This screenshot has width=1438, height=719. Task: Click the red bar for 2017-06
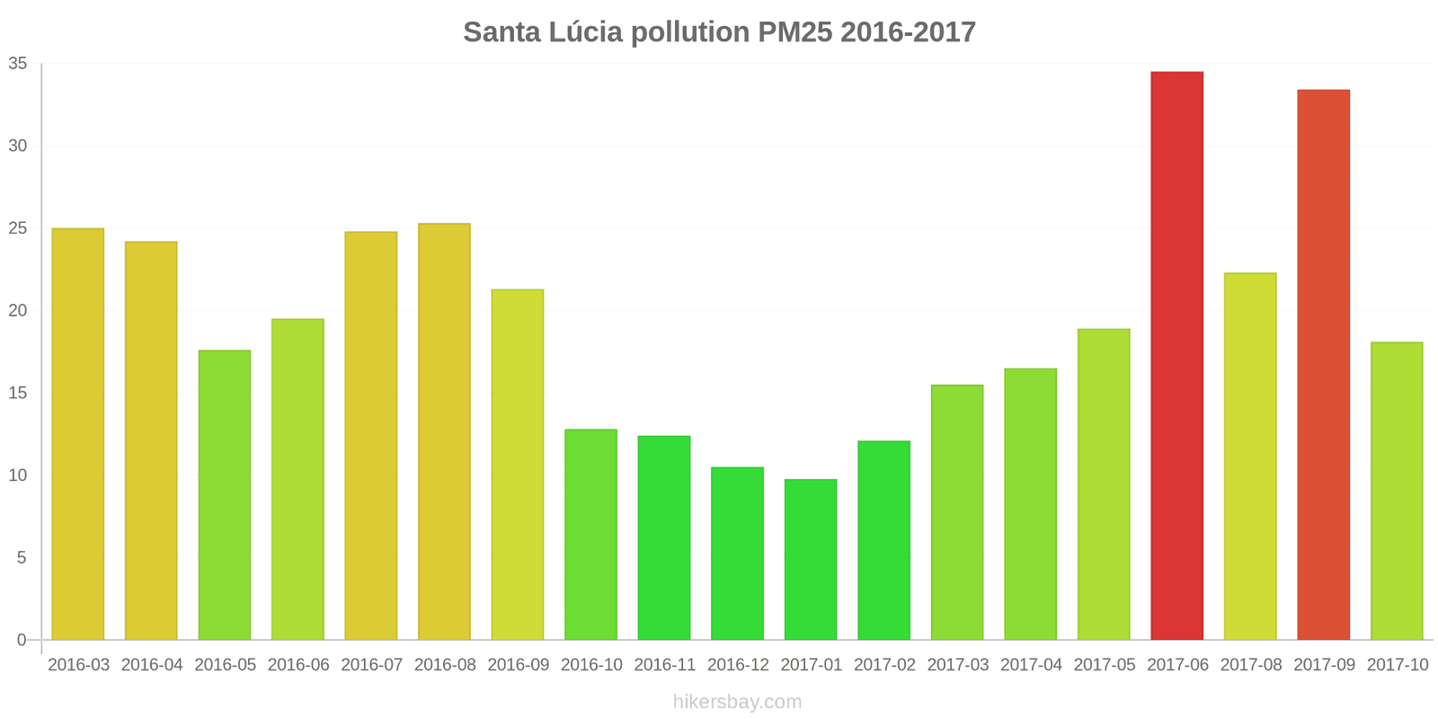tap(1176, 356)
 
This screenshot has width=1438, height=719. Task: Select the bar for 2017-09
tap(1323, 365)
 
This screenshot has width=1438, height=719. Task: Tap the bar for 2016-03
tap(78, 434)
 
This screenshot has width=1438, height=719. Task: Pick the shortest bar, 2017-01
tap(811, 559)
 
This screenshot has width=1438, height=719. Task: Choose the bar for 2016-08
tap(444, 431)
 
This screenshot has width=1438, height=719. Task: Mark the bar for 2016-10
tap(590, 535)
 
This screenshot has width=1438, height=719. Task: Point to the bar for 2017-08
tap(1250, 457)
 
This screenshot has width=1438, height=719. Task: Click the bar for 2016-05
tap(225, 495)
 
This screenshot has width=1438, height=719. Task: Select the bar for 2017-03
tap(957, 512)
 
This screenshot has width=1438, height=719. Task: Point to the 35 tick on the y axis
tap(18, 64)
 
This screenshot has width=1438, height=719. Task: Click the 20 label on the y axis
tap(18, 311)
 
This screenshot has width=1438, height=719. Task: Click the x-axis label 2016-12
tap(738, 665)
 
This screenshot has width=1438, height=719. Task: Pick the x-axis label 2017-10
tap(1397, 665)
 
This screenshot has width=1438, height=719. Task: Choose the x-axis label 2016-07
tap(371, 665)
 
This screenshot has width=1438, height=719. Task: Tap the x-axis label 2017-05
tap(1104, 665)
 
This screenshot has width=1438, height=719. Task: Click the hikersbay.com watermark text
tap(737, 702)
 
